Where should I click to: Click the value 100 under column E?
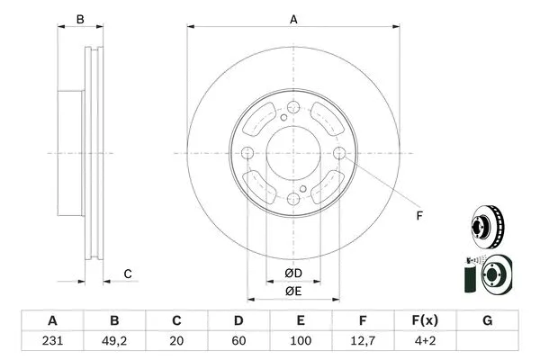click(301, 341)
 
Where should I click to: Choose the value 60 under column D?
click(239, 341)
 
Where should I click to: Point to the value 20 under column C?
click(176, 341)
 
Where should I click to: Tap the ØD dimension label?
click(293, 273)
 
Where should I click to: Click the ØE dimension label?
click(293, 291)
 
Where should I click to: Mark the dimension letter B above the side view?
click(79, 19)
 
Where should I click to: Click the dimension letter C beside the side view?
click(128, 274)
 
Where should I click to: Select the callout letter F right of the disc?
click(418, 215)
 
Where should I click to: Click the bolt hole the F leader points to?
click(338, 155)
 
